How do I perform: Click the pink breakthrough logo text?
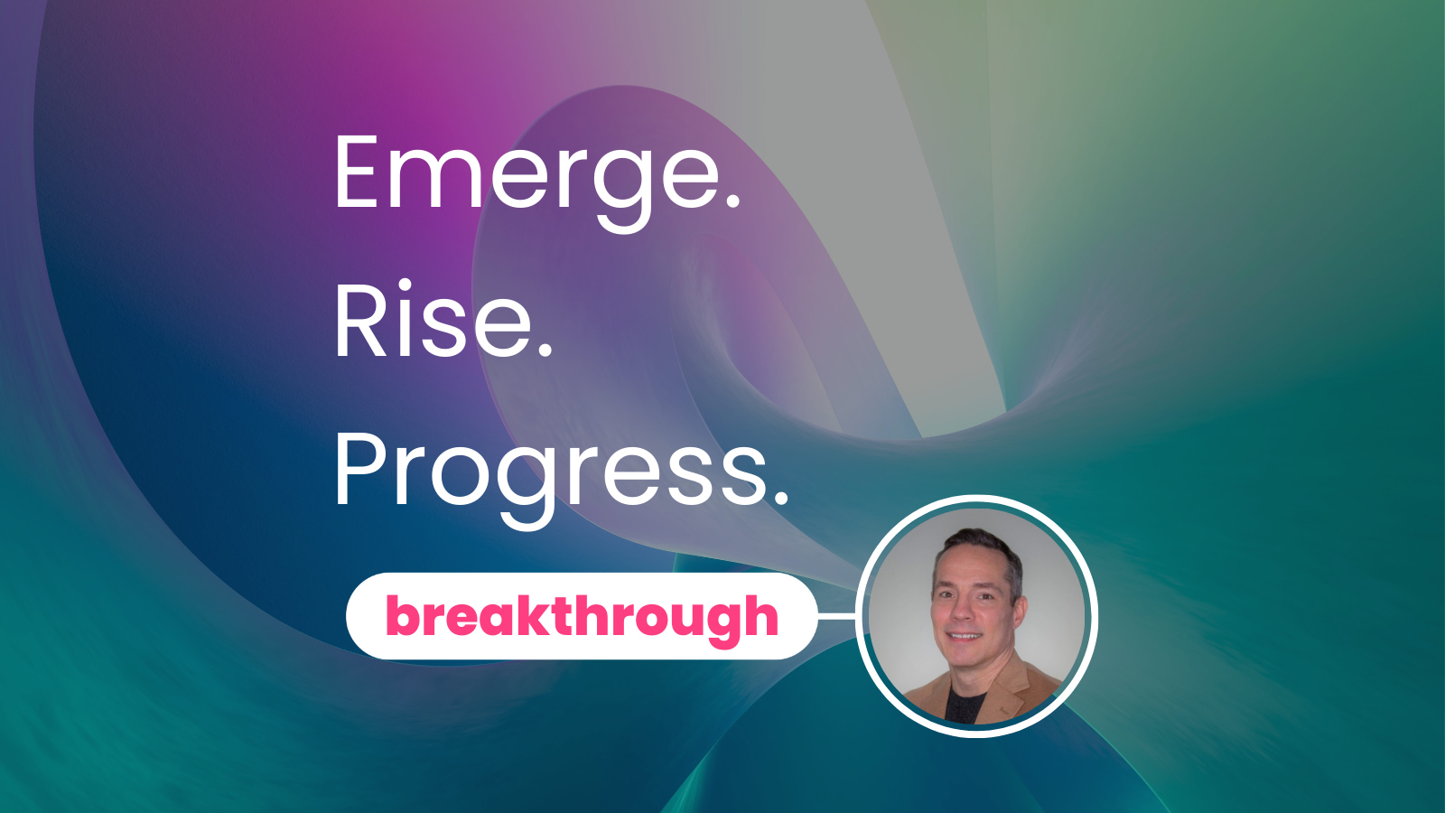(582, 617)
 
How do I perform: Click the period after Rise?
(545, 351)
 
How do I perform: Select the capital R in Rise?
(358, 322)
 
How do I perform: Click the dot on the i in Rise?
(405, 286)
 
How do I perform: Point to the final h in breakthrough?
(760, 616)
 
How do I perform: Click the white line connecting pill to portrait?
(836, 617)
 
